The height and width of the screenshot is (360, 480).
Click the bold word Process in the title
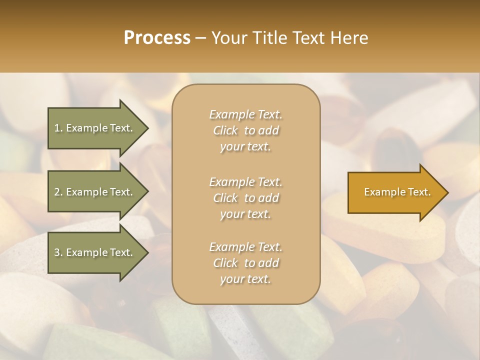click(157, 38)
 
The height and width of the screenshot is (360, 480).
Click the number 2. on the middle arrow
click(58, 192)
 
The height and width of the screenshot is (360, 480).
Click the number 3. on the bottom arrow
click(58, 252)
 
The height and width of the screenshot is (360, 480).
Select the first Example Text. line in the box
click(245, 114)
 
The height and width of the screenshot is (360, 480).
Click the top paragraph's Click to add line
click(245, 130)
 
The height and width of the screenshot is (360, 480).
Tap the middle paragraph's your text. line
click(245, 214)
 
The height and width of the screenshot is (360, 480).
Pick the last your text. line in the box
click(245, 279)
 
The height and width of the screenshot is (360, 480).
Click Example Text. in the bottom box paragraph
click(245, 247)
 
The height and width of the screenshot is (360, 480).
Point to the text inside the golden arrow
click(397, 192)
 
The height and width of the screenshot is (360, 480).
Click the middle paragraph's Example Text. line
click(245, 181)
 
